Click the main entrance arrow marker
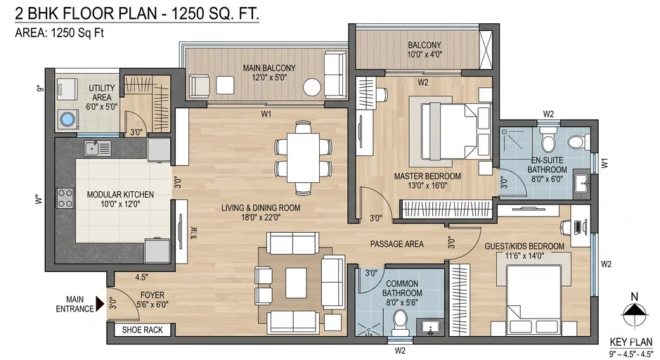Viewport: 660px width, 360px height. [100, 304]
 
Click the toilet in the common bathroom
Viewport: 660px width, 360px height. [400, 320]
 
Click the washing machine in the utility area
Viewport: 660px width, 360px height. [67, 119]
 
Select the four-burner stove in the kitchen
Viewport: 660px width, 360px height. [65, 198]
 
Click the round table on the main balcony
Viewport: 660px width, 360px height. [311, 87]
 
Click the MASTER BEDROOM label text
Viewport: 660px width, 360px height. [427, 176]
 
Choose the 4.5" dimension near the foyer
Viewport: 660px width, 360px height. [141, 277]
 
